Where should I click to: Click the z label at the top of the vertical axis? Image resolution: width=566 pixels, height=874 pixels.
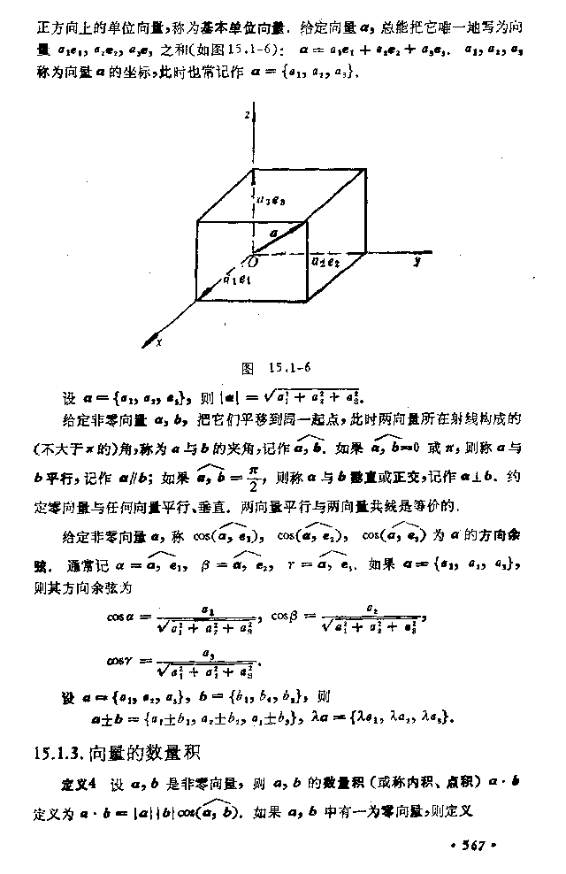coord(251,116)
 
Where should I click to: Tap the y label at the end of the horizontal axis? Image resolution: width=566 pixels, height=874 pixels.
coord(416,262)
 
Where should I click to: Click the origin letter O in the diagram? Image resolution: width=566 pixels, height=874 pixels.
coord(253,263)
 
